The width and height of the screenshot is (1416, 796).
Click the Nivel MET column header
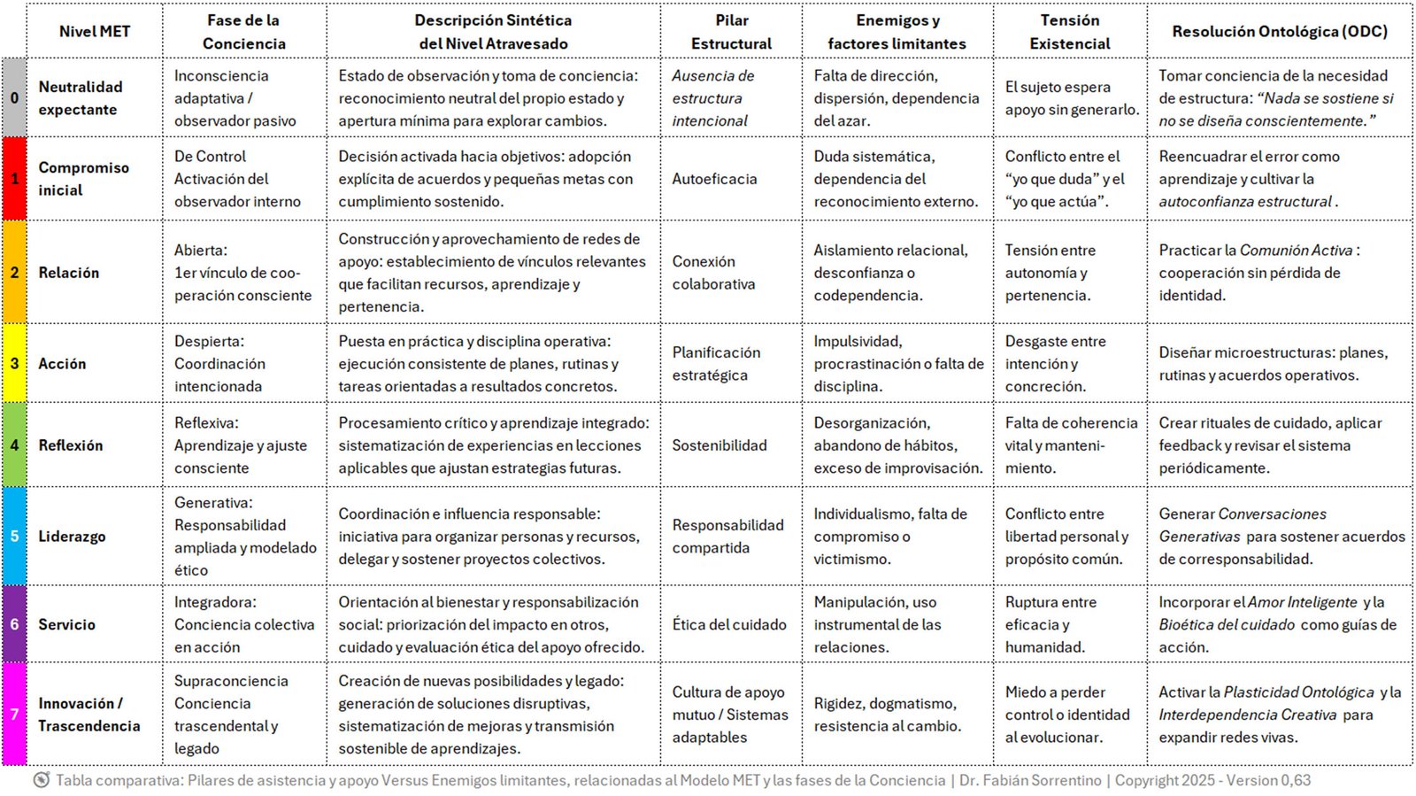point(94,32)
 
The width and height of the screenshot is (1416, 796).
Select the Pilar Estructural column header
point(731,32)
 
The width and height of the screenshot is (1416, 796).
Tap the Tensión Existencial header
point(1069,32)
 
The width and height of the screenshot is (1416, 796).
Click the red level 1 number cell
point(14,179)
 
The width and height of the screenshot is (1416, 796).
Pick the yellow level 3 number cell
point(14,363)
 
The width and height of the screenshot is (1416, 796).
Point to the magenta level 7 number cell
point(14,714)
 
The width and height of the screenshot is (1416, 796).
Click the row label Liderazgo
point(72,537)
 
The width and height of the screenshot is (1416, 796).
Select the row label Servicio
point(66,624)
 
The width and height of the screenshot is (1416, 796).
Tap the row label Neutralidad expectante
point(80,98)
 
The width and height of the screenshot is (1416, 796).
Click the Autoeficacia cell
point(714,179)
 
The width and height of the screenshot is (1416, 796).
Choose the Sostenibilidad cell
point(719,445)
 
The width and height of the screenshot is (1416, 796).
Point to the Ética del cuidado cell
point(728,624)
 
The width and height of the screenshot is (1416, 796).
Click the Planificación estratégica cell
point(716,363)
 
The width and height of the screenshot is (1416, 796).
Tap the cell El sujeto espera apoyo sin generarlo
point(1071,98)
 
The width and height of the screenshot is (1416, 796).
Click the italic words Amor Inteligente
point(1302,602)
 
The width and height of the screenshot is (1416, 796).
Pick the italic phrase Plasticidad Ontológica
point(1298,692)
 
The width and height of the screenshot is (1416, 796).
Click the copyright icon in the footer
point(42,780)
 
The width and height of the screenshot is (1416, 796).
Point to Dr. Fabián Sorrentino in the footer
point(1030,780)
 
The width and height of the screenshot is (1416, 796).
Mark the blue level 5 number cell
point(14,537)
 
